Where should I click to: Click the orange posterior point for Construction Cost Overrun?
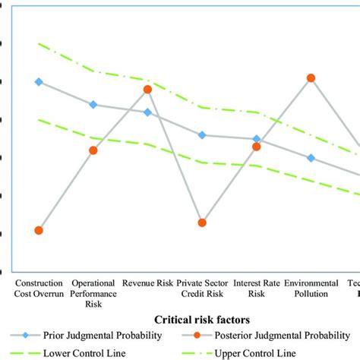[x=39, y=230]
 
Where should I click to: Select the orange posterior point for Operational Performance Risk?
[x=93, y=150]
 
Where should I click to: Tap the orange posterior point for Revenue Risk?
[x=147, y=90]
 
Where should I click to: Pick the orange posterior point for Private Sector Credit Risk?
[x=202, y=223]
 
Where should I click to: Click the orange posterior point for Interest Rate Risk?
[x=257, y=147]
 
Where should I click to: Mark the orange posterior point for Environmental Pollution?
[x=311, y=78]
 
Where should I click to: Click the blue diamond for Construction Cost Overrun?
[x=39, y=81]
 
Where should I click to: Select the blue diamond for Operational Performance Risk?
[x=93, y=105]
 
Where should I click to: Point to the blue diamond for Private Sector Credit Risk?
[x=202, y=135]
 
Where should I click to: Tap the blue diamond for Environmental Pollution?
[x=311, y=158]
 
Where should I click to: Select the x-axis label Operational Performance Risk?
[x=93, y=292]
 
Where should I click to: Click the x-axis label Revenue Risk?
[x=147, y=283]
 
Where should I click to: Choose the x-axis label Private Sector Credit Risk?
[x=202, y=287]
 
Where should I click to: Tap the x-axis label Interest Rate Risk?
[x=257, y=287]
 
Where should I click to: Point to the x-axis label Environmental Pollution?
[x=311, y=287]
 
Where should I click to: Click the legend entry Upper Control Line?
[x=254, y=352]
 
